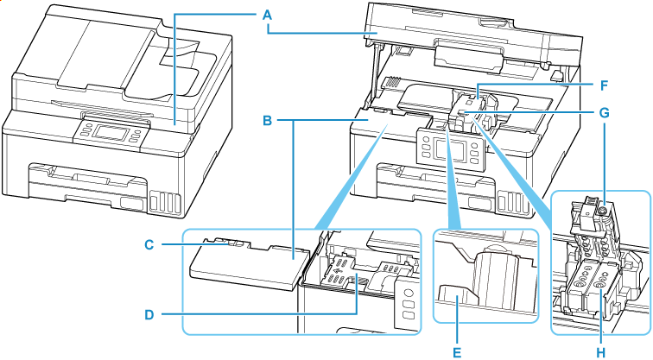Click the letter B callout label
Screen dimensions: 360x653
coord(269,121)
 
